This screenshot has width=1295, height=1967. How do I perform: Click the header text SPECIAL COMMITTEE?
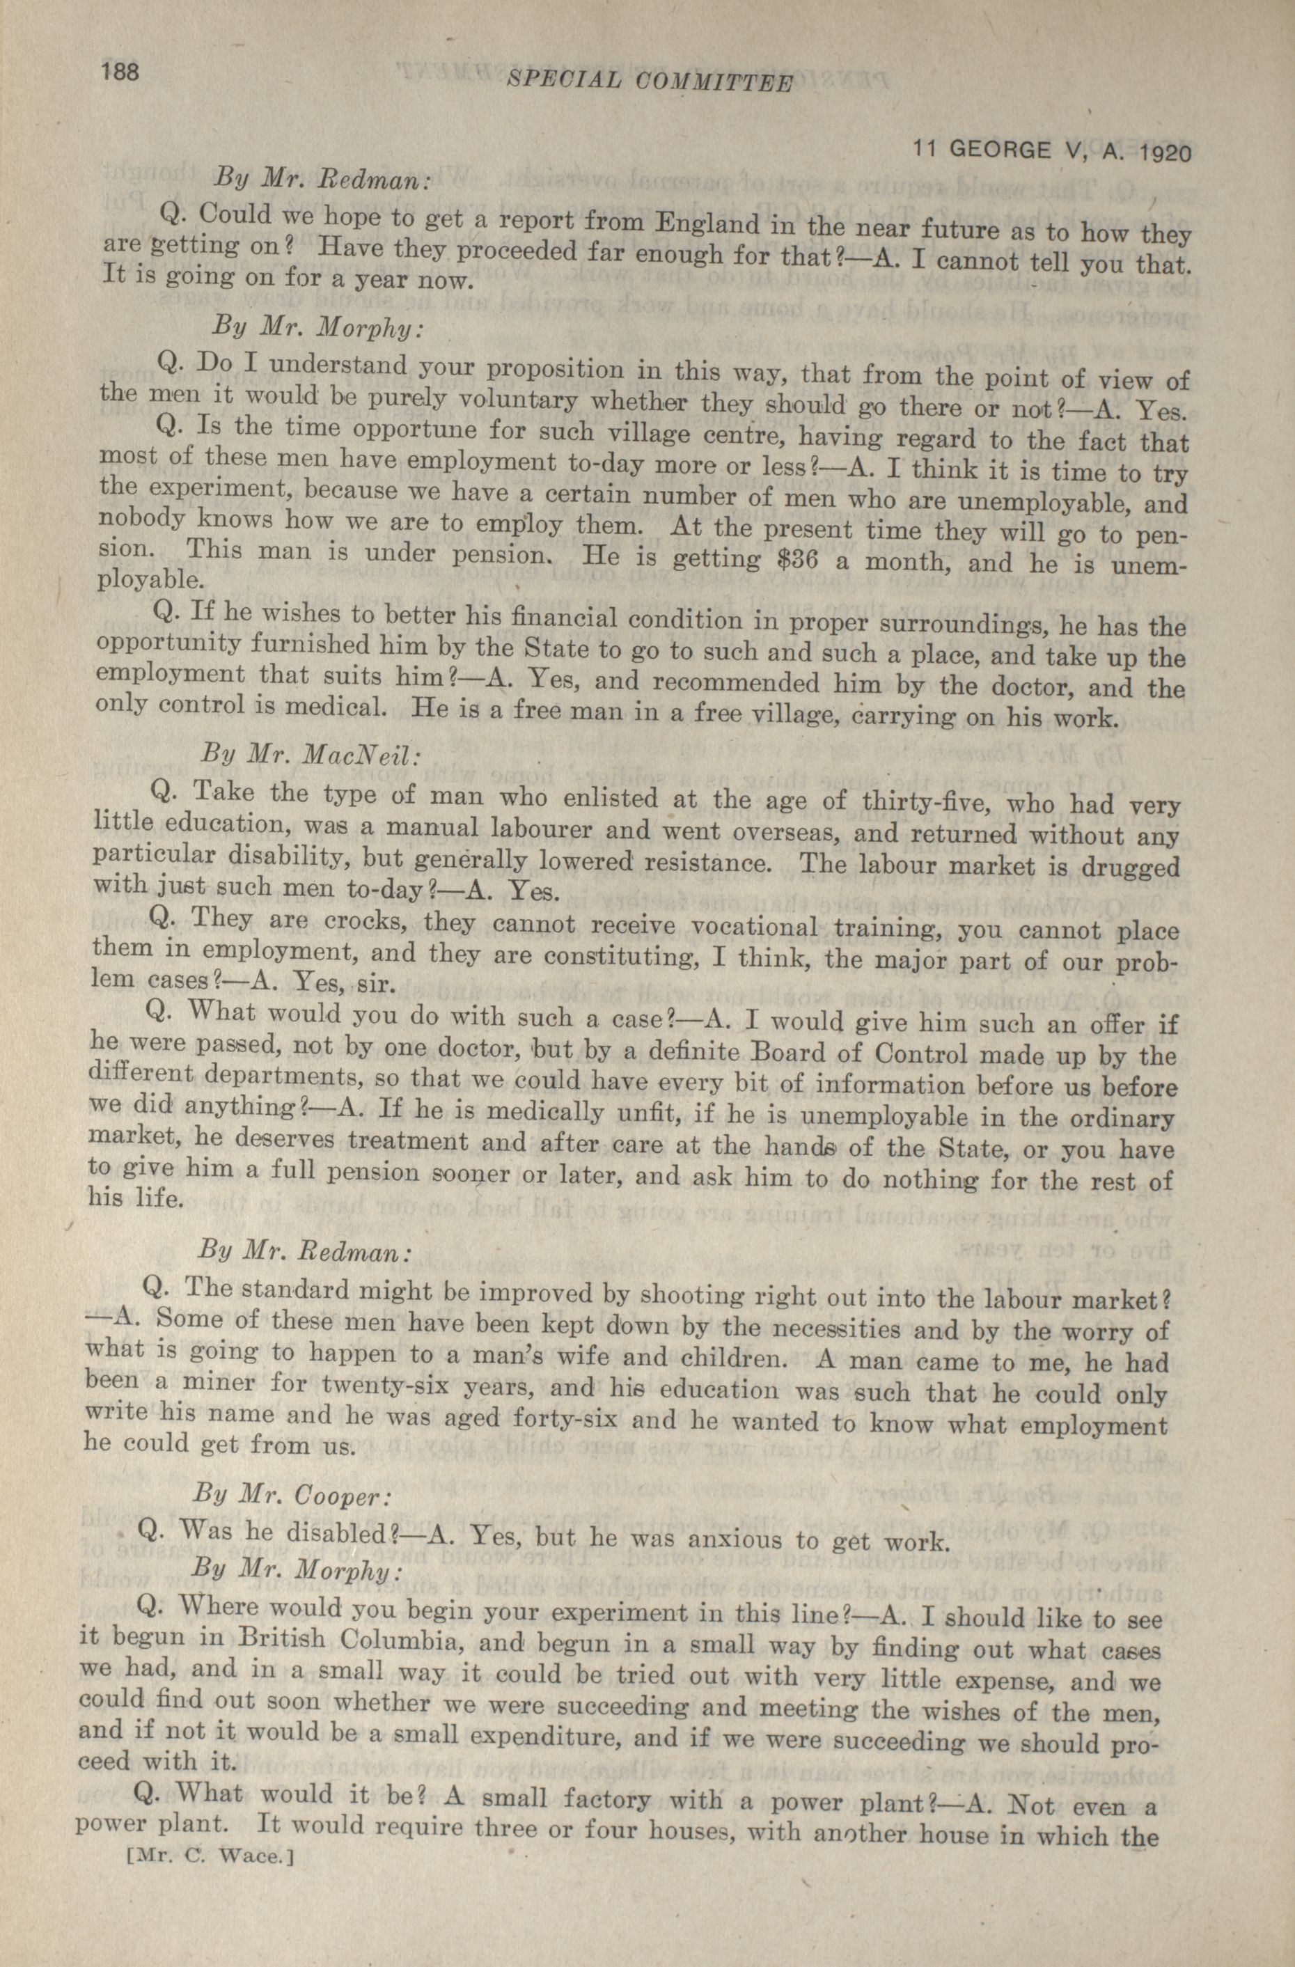pyautogui.click(x=649, y=81)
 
